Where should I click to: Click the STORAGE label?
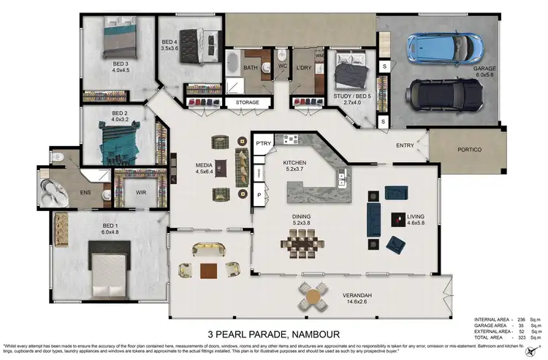(247, 103)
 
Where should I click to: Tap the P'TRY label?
(263, 144)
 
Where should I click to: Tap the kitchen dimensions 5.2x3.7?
(295, 169)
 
